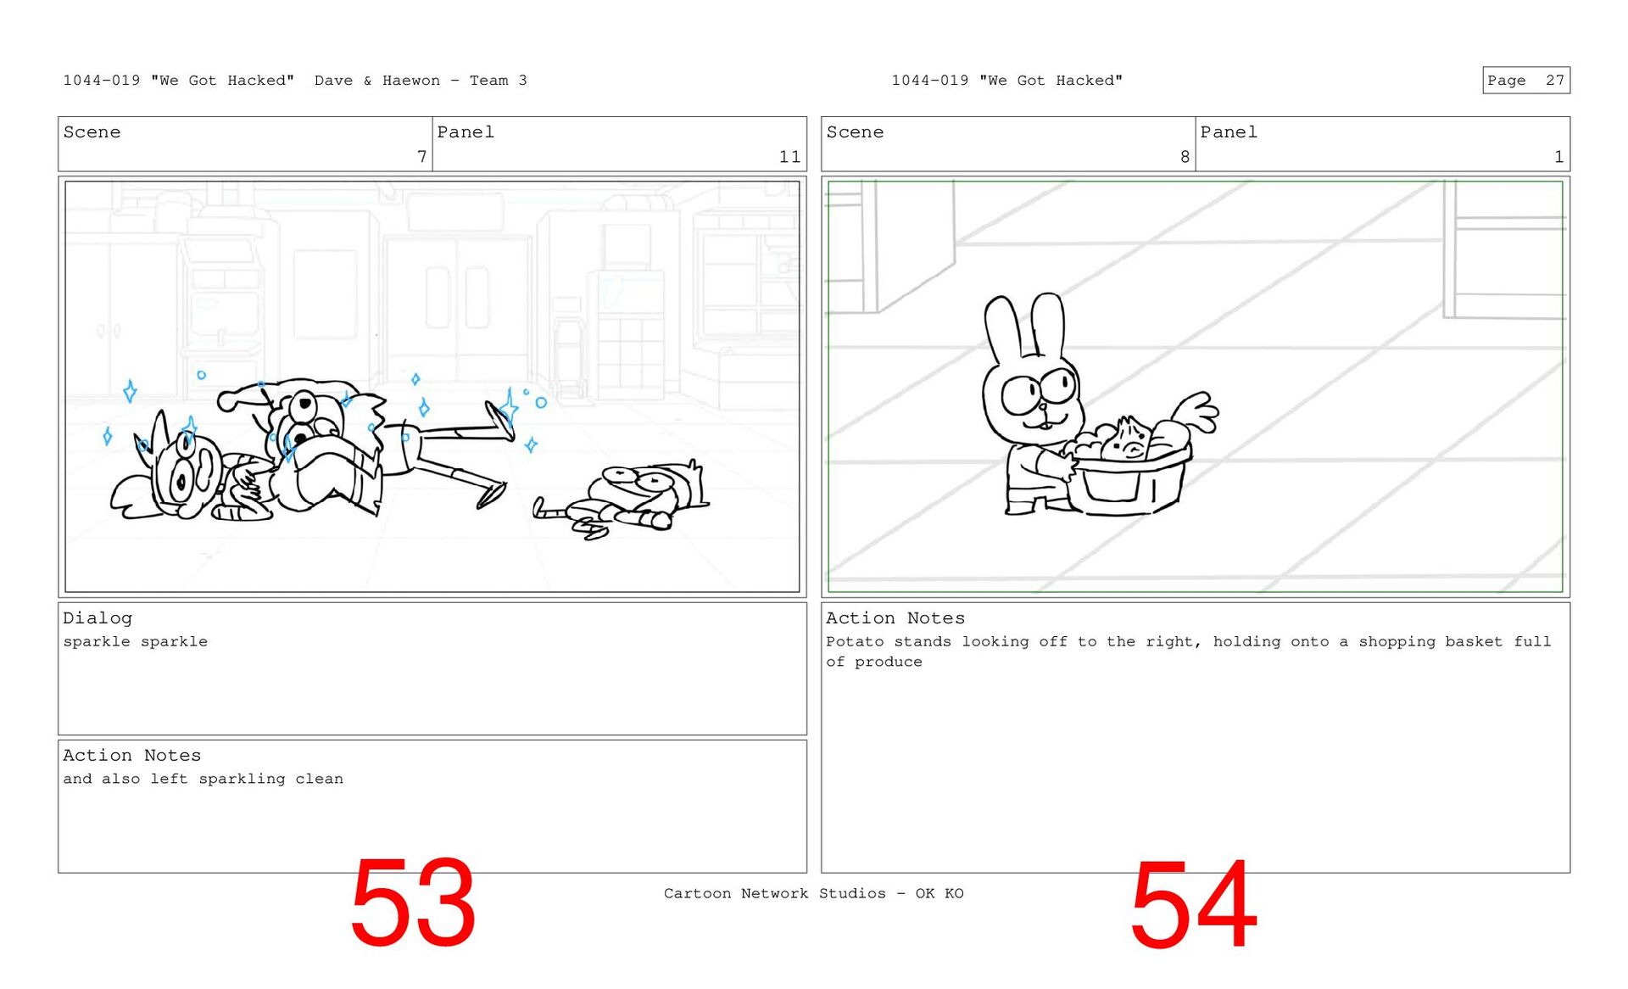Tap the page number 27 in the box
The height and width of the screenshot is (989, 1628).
click(1554, 81)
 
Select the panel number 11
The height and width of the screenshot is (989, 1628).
click(789, 157)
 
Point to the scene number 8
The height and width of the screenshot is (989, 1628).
click(1185, 157)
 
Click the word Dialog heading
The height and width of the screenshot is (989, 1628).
click(98, 618)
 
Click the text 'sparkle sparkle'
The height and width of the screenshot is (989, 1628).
click(135, 642)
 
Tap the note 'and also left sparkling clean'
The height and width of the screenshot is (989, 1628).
click(203, 779)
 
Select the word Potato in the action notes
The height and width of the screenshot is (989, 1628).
click(855, 641)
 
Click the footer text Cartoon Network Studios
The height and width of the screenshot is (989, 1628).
click(774, 893)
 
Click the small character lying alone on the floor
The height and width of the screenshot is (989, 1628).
click(623, 500)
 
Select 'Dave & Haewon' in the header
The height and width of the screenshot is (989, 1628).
click(377, 81)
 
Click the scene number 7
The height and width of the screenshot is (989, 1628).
click(421, 157)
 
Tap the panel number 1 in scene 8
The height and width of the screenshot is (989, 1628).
click(1558, 157)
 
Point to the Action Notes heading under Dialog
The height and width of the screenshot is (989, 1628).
click(131, 756)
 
